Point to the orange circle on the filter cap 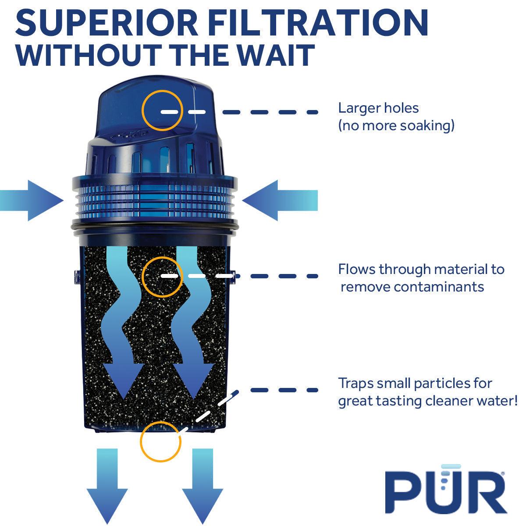pos(162,110)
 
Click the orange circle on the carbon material pos(162,276)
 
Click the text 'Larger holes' pos(378,108)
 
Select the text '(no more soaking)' pos(396,126)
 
